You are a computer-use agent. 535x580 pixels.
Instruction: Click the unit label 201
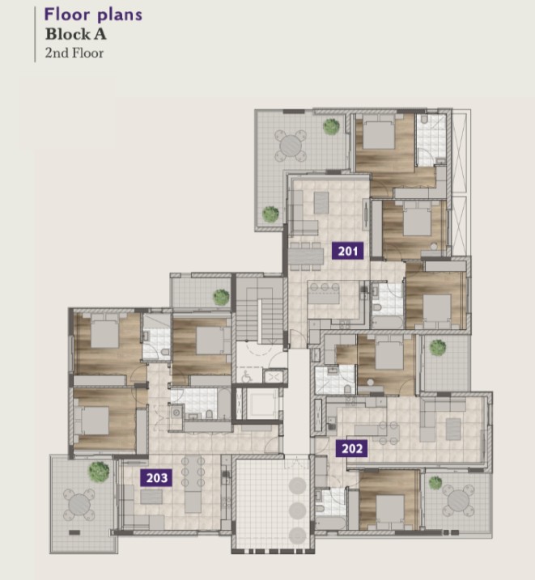347,251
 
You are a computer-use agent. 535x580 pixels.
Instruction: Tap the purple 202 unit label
351,448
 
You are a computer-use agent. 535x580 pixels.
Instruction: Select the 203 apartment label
156,478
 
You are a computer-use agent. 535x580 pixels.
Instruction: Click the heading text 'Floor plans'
93,15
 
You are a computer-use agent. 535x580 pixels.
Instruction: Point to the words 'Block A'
76,35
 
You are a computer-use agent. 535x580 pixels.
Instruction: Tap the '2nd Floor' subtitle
74,53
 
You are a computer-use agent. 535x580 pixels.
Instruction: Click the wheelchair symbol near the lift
247,376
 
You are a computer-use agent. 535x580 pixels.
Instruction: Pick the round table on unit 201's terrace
291,146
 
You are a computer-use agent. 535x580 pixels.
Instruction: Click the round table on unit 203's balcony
79,504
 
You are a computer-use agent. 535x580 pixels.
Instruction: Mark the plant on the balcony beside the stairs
221,298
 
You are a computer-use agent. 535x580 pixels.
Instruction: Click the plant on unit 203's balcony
99,472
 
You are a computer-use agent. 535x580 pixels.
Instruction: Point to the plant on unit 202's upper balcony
438,348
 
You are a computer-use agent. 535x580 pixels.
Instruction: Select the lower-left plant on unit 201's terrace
270,214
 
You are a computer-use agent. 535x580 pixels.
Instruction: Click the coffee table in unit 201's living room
321,203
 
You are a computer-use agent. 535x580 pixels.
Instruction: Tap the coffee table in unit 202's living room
453,429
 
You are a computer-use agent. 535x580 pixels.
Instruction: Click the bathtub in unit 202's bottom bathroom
331,523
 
